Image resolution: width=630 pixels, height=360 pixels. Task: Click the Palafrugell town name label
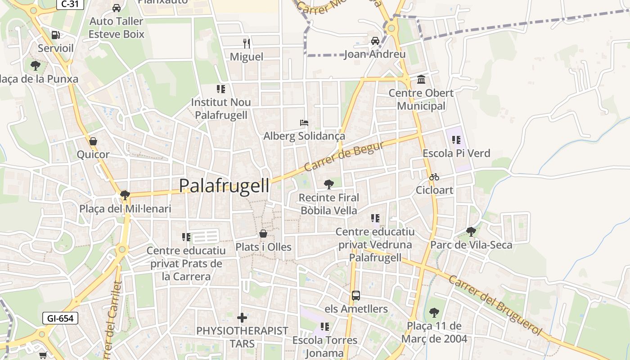224,185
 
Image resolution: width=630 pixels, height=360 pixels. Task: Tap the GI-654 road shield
60,318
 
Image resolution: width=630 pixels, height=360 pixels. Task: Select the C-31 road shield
71,4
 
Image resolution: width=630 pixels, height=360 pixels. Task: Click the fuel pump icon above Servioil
56,35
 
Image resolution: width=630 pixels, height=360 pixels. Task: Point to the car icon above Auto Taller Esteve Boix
117,8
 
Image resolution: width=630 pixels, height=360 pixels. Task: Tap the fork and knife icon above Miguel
246,43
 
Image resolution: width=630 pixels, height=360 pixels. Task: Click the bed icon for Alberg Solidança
304,122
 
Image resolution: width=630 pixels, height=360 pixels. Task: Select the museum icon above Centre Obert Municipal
421,80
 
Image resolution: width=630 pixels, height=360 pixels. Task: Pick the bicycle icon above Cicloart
434,177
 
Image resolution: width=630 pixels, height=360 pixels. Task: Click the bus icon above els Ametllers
356,296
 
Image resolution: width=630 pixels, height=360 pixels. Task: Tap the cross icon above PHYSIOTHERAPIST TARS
242,318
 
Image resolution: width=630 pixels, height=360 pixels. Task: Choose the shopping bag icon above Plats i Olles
263,234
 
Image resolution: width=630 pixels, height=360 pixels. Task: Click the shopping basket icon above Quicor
93,141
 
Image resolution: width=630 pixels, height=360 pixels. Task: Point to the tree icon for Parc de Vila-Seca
471,232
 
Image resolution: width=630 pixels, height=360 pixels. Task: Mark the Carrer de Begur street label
344,157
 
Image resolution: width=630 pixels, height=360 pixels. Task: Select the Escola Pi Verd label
456,153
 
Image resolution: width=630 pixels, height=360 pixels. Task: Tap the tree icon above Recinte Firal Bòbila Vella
329,184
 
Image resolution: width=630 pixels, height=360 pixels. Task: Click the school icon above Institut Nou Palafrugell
220,89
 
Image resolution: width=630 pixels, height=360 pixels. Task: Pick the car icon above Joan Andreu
375,41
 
